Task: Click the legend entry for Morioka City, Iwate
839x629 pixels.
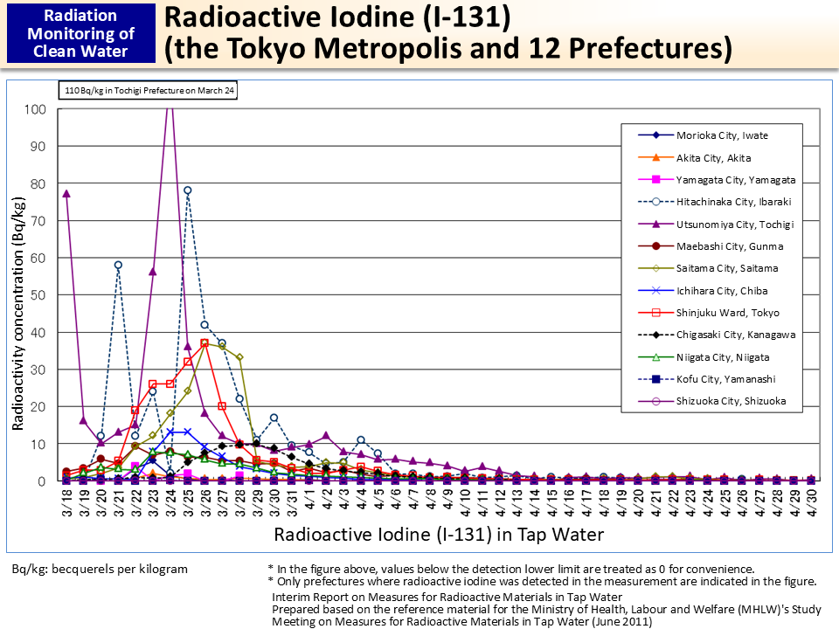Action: point(722,135)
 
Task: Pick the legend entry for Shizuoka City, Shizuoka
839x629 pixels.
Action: point(730,402)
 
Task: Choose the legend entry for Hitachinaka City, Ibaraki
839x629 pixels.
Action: point(732,202)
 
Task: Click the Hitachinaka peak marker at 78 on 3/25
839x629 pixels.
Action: point(187,190)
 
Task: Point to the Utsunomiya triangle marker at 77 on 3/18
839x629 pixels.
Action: point(66,194)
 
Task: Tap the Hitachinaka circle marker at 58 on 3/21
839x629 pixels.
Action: point(118,265)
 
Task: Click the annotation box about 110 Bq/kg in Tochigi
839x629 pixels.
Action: point(149,89)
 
